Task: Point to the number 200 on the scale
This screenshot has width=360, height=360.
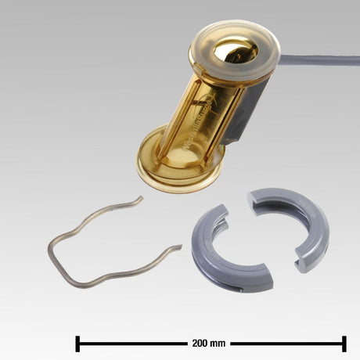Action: point(200,343)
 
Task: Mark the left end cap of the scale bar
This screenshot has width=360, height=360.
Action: point(77,343)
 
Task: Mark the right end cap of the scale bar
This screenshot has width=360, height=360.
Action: point(344,343)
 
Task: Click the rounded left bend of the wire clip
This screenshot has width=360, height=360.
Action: point(53,250)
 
